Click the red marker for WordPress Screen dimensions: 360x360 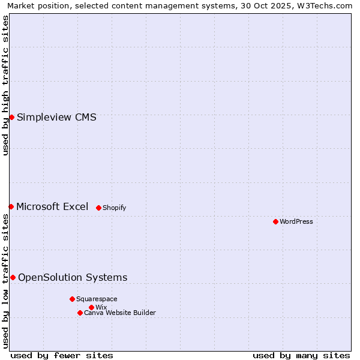tap(275, 221)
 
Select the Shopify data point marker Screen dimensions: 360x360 tap(98, 208)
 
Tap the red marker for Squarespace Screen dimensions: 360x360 tap(72, 299)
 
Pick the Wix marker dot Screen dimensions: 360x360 tap(91, 307)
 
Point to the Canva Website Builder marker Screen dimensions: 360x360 tap(80, 313)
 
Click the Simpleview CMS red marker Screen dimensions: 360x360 tap(11, 117)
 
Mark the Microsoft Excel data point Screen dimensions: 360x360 tap(11, 206)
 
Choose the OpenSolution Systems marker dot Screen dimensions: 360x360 tap(13, 277)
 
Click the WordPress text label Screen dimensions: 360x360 tap(296, 221)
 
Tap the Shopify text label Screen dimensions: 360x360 tap(114, 208)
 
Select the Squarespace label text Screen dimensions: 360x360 tap(97, 299)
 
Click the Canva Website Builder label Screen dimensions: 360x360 tap(119, 313)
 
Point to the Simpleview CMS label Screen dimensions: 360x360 tap(56, 117)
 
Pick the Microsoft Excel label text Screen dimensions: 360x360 tap(52, 206)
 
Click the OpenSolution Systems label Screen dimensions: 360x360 tap(73, 277)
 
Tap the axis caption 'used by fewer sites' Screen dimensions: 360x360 tap(62, 355)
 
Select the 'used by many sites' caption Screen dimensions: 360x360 tap(301, 355)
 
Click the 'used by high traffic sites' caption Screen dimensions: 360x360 tap(5, 85)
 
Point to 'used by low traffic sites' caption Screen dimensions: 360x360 tap(5, 281)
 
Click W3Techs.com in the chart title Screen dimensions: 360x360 tap(324, 5)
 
